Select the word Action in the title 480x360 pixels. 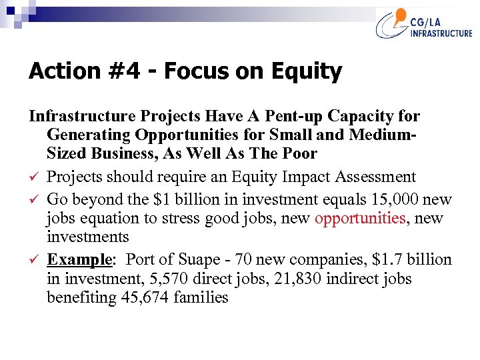pyautogui.click(x=60, y=71)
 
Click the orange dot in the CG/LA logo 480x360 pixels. pyautogui.click(x=401, y=15)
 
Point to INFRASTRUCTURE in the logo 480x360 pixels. pyautogui.click(x=441, y=34)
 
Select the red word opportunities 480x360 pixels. pyautogui.click(x=360, y=218)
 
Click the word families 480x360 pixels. pyautogui.click(x=201, y=297)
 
